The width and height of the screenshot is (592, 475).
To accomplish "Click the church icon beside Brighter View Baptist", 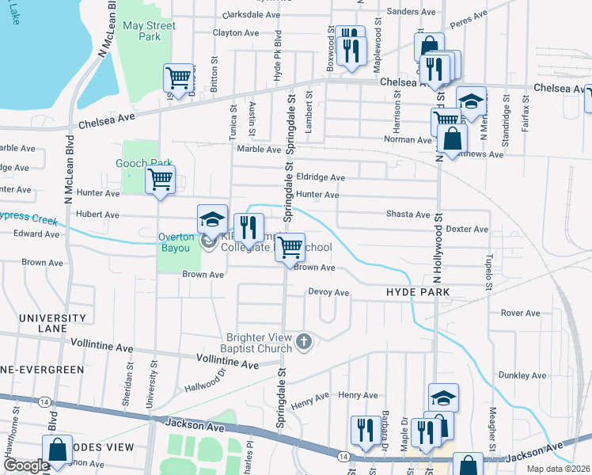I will (x=303, y=343).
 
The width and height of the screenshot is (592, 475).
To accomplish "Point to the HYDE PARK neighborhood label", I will (x=418, y=292).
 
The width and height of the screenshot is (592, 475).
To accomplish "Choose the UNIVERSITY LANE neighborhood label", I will (x=47, y=323).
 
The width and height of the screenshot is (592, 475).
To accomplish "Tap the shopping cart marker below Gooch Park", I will (x=160, y=180).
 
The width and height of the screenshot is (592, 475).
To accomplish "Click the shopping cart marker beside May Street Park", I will (x=179, y=78).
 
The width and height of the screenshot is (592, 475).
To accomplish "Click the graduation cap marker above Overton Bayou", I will (x=211, y=218).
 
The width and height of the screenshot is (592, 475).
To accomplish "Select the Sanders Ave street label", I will (x=412, y=12).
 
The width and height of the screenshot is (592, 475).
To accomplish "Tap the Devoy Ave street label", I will (x=328, y=292).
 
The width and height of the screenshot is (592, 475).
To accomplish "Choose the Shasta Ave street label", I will (x=408, y=215).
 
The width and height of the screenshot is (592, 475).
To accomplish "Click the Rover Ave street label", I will (x=520, y=313).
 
